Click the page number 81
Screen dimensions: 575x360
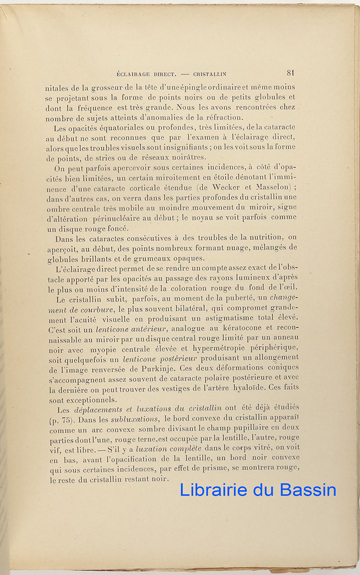[290, 73]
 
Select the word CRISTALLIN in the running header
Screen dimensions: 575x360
[210, 74]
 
